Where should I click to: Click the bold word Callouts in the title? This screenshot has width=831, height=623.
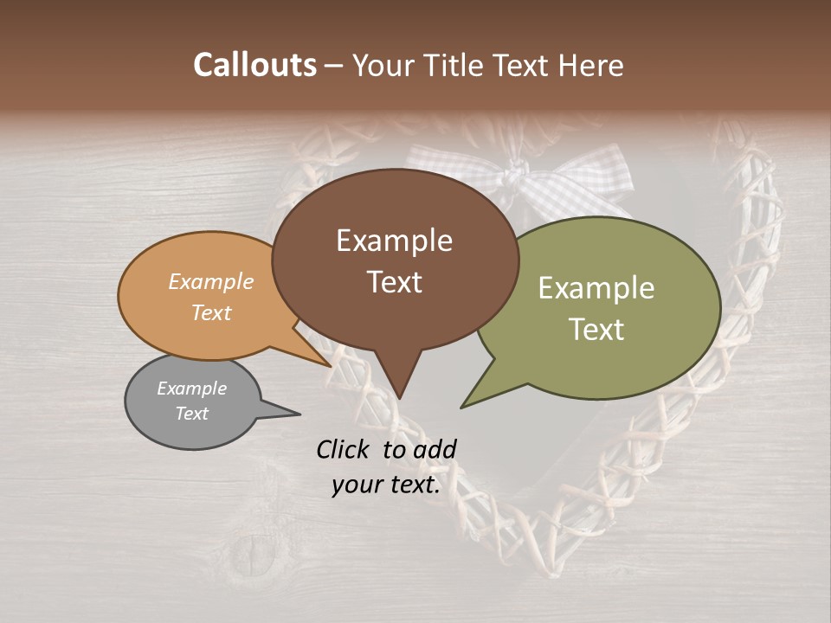(254, 65)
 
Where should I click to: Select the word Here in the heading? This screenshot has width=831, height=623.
(592, 65)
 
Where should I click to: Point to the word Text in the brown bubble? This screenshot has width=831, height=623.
(394, 281)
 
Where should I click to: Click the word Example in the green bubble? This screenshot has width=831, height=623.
(596, 287)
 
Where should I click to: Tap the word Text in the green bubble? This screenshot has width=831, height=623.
(596, 329)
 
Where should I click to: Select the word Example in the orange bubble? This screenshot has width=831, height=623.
(211, 281)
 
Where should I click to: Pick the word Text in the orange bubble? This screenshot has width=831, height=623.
(211, 312)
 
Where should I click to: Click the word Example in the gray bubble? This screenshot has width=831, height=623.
(191, 389)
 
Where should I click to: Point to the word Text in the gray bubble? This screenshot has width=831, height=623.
(191, 413)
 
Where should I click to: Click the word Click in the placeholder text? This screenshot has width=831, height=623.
(344, 449)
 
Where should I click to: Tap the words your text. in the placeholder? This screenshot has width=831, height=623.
(386, 485)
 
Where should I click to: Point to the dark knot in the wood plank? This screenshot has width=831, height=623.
(254, 550)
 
